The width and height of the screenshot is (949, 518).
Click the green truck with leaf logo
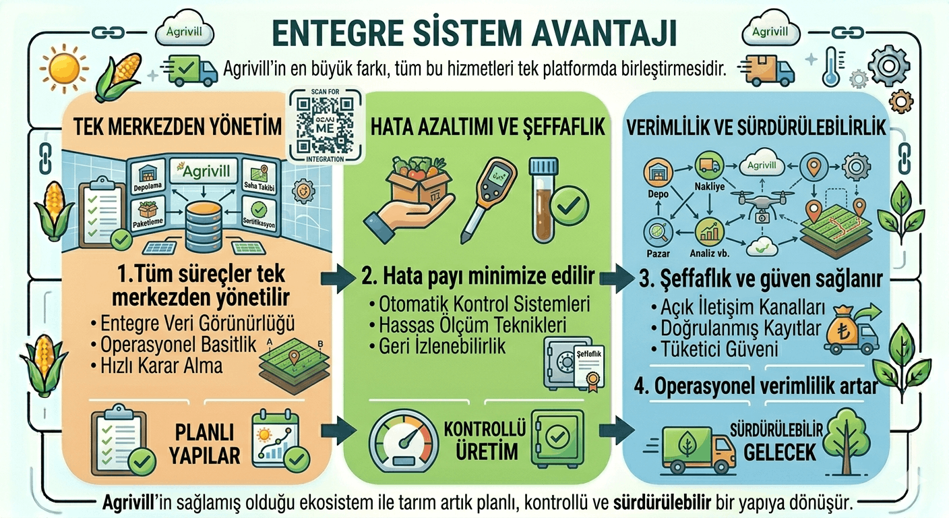pos(694,447)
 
